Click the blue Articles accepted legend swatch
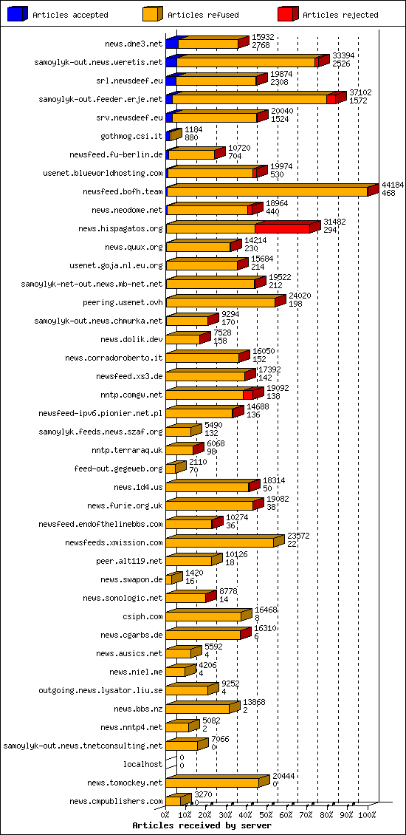(18, 14)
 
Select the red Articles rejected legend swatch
(288, 14)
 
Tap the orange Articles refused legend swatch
(153, 14)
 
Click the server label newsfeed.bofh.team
(123, 191)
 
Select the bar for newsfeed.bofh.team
(267, 191)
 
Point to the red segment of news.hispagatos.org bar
(282, 228)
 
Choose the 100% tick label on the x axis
(367, 815)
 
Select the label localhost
(142, 764)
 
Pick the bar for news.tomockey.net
(213, 783)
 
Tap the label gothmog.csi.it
(131, 136)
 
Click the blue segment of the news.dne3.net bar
(172, 44)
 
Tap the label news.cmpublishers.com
(116, 801)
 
